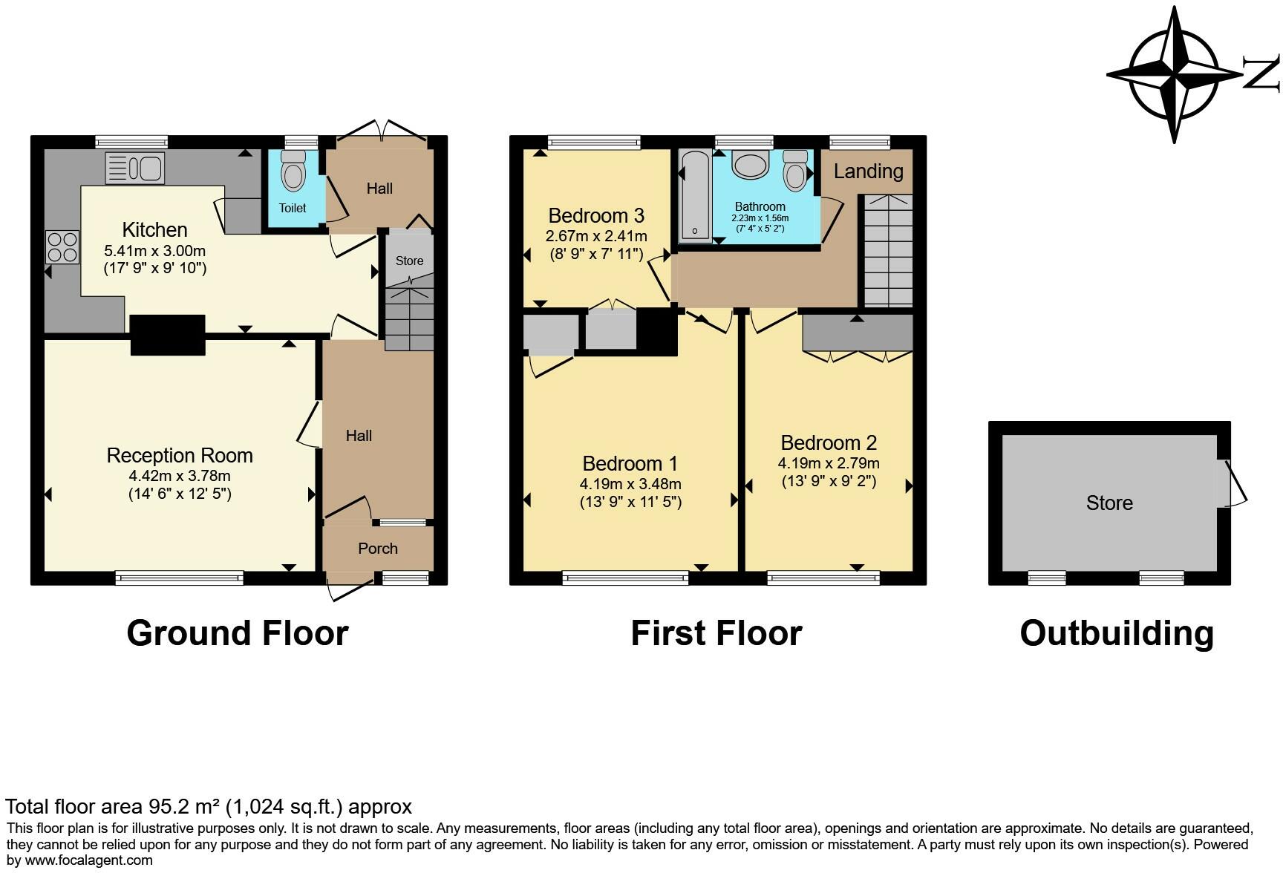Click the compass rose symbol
[x=1175, y=74]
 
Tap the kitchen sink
[x=134, y=167]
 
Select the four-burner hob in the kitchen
[x=62, y=246]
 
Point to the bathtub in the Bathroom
[x=696, y=195]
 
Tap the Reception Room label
[x=180, y=455]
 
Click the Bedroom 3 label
[x=596, y=215]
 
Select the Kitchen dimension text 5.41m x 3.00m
[x=154, y=251]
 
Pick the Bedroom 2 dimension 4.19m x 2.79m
[x=829, y=463]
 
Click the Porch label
[x=378, y=549]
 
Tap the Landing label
[x=868, y=171]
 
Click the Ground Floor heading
[x=238, y=633]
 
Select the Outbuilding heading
[x=1117, y=633]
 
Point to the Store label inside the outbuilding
[x=1109, y=503]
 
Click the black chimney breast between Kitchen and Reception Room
[x=168, y=335]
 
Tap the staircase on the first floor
[x=887, y=250]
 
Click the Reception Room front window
[x=179, y=577]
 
